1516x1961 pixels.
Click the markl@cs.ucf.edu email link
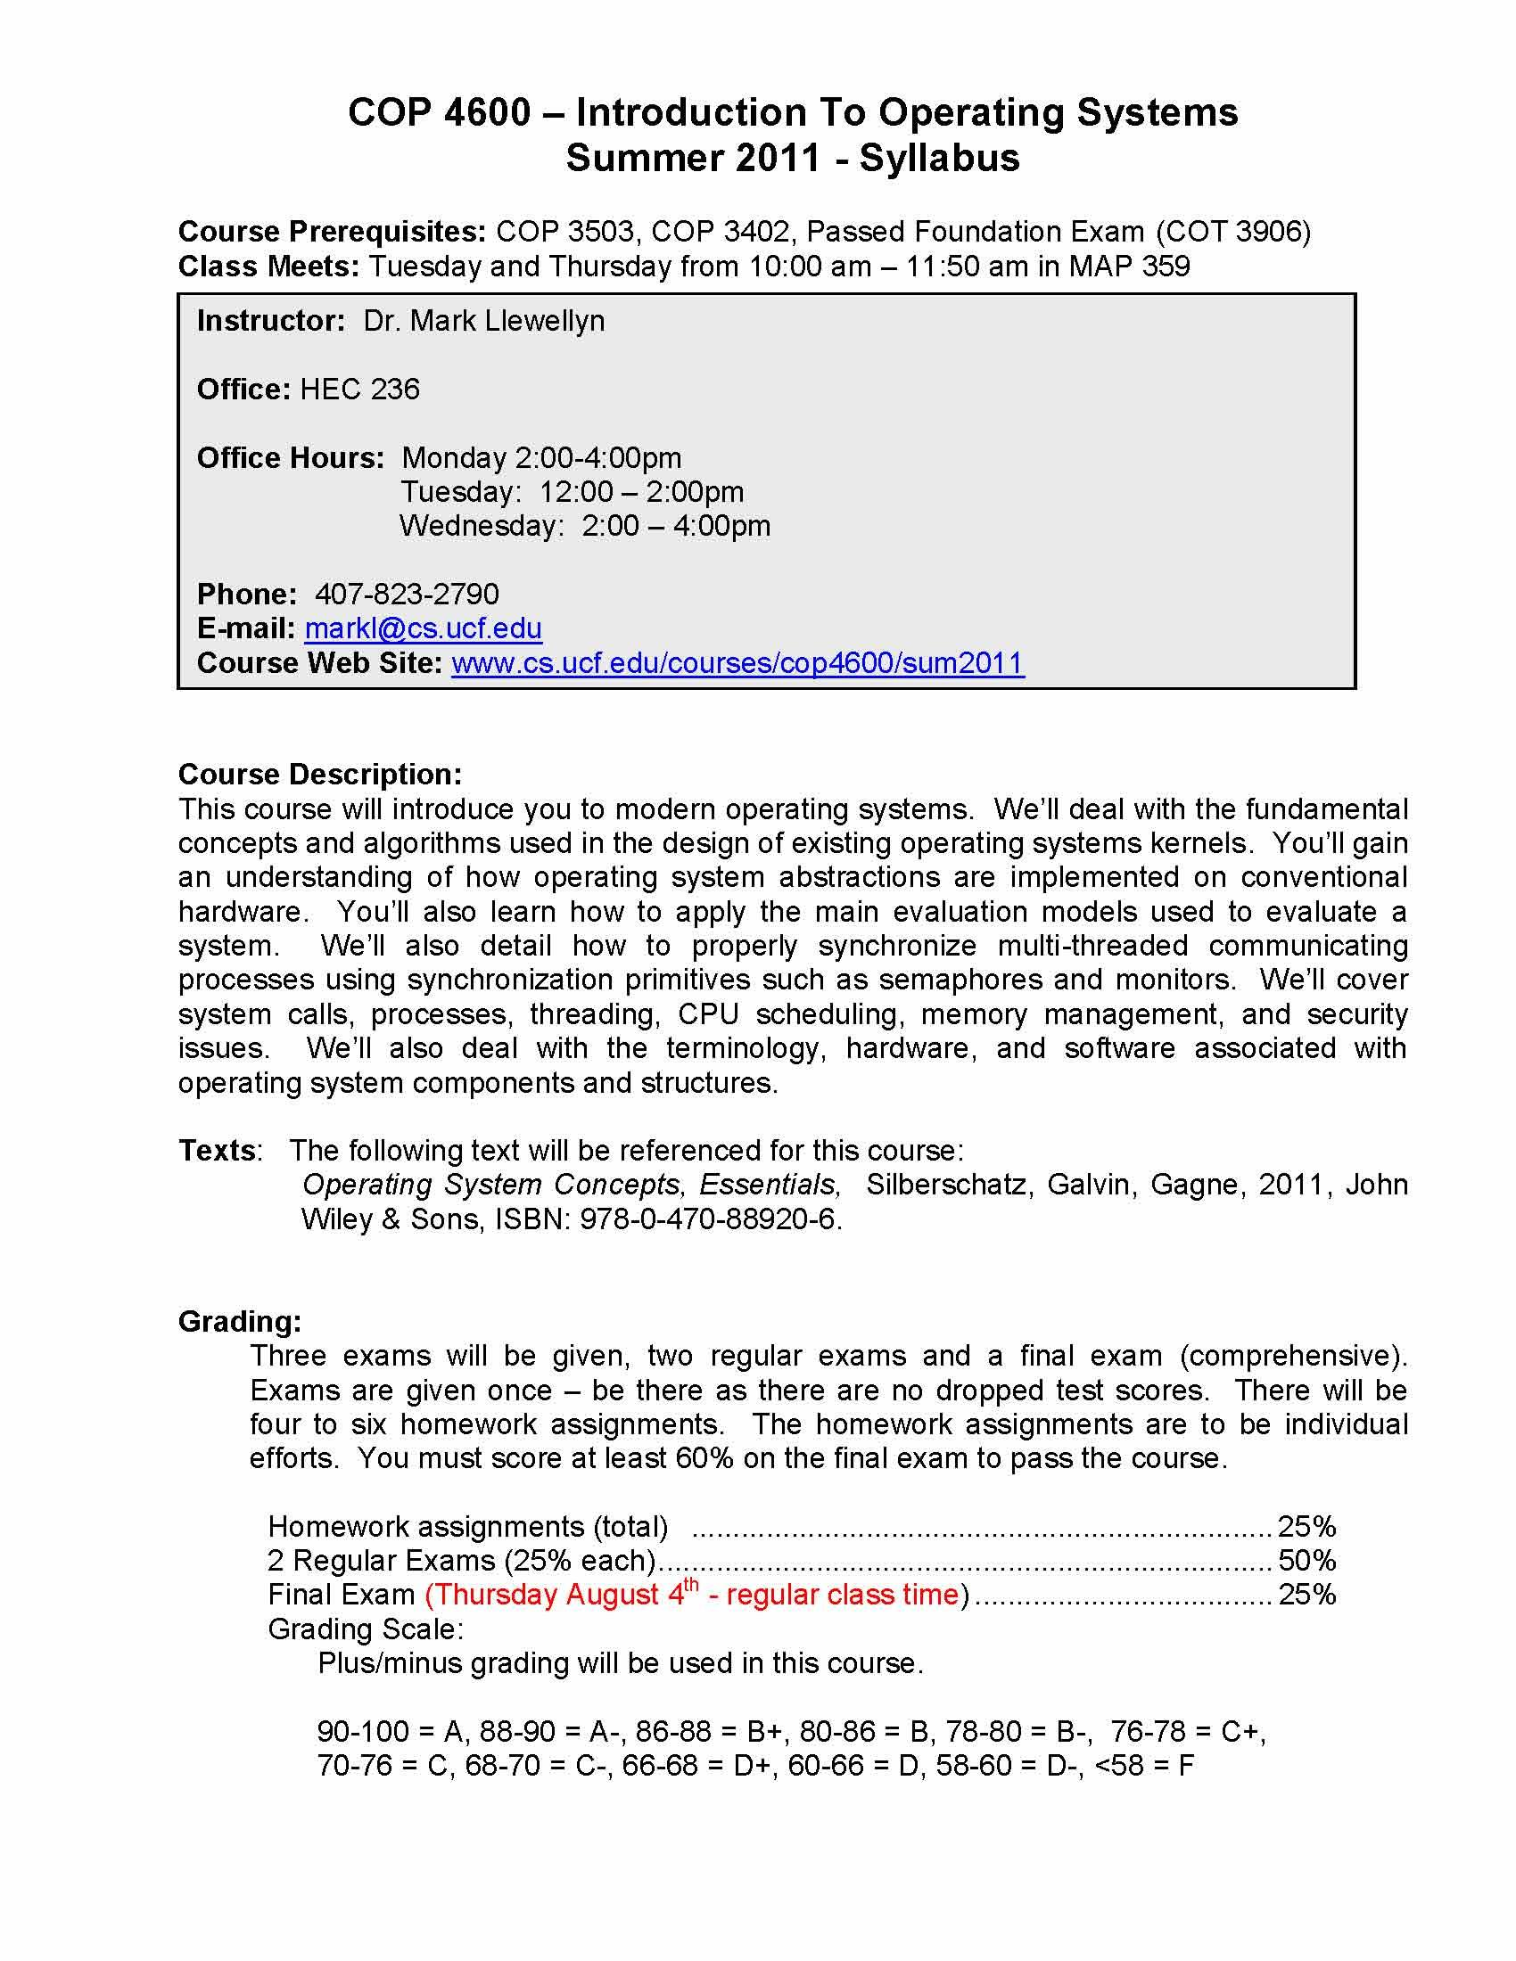(x=423, y=628)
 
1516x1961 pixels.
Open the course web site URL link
(x=737, y=662)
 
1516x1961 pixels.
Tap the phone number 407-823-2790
(x=407, y=595)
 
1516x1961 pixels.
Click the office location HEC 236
(x=359, y=389)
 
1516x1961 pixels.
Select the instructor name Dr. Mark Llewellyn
(x=483, y=321)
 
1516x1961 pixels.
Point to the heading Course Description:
(x=320, y=774)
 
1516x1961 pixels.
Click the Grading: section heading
(x=240, y=1321)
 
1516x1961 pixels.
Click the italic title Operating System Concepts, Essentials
(x=571, y=1185)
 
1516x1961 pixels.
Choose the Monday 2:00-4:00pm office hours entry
(x=540, y=458)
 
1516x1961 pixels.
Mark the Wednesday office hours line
(x=585, y=526)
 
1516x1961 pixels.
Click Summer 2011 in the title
(x=692, y=159)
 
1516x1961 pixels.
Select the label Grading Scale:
(x=366, y=1629)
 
